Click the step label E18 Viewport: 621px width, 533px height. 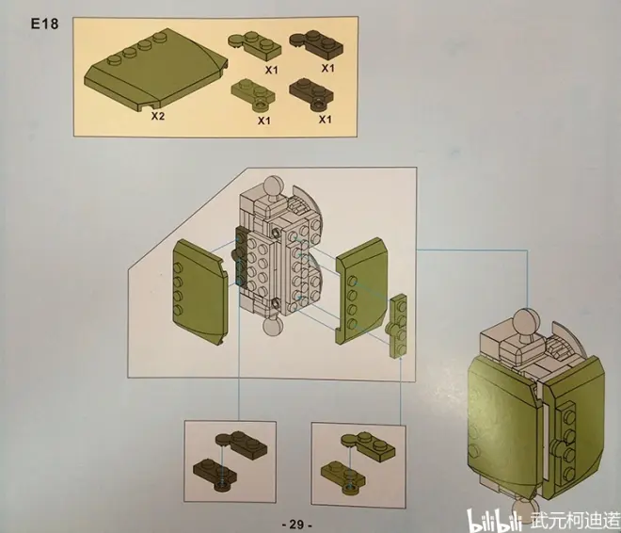[45, 24]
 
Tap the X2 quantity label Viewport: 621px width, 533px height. [158, 116]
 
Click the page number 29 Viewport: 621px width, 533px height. [296, 525]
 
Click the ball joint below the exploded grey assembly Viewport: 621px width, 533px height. [272, 327]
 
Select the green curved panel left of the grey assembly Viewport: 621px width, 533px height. [200, 292]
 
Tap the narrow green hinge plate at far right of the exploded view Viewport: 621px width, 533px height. [396, 327]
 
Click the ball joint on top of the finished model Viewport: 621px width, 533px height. [526, 323]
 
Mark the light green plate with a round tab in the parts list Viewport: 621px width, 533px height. [254, 45]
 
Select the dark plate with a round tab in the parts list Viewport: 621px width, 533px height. [316, 42]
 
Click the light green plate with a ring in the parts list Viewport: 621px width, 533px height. [253, 94]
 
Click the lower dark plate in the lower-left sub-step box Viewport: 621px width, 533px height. [215, 474]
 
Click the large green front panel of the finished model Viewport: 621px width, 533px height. [502, 430]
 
